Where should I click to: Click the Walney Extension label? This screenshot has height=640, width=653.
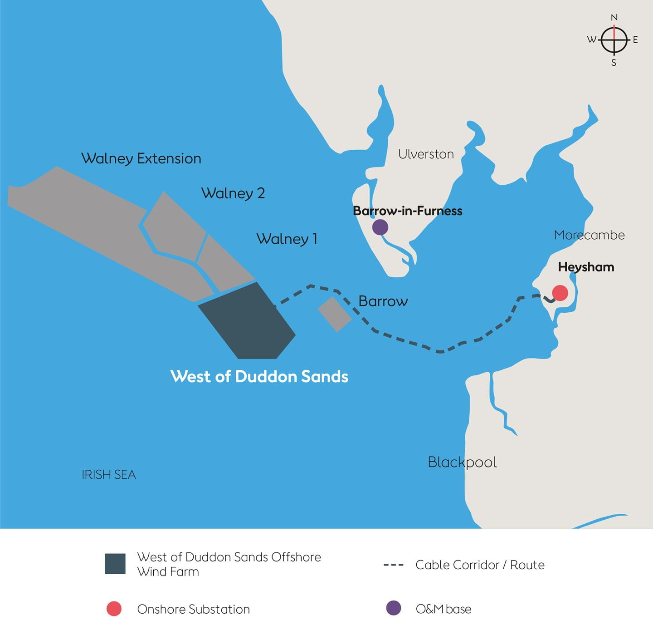coord(141,158)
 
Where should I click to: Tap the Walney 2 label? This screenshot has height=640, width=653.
coord(233,193)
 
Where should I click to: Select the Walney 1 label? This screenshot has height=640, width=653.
coord(287,239)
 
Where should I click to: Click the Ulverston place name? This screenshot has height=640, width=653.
coord(426,154)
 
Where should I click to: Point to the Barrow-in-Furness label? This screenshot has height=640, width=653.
coord(407,211)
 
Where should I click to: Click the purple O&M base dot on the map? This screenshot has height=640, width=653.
coord(380,227)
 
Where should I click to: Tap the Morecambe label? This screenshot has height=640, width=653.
coord(589,235)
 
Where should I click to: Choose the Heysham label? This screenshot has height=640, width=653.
coord(586,267)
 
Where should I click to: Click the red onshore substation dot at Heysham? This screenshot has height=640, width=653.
coord(560,293)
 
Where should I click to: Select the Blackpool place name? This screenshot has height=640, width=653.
coord(462,462)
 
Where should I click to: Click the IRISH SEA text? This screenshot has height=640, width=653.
coord(109,475)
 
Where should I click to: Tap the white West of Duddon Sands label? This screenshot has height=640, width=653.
coord(259,376)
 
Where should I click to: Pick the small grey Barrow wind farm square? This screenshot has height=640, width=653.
coord(335,314)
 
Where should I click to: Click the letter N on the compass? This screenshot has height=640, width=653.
coord(614,18)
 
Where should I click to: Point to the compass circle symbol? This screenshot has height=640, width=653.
coord(614,40)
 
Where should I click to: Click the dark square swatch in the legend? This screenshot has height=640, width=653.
coord(115,564)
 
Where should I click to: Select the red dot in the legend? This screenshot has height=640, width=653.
coord(114,609)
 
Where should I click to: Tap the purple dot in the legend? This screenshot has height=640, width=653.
coord(393,608)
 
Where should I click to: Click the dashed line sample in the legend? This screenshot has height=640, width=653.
coord(393,565)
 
